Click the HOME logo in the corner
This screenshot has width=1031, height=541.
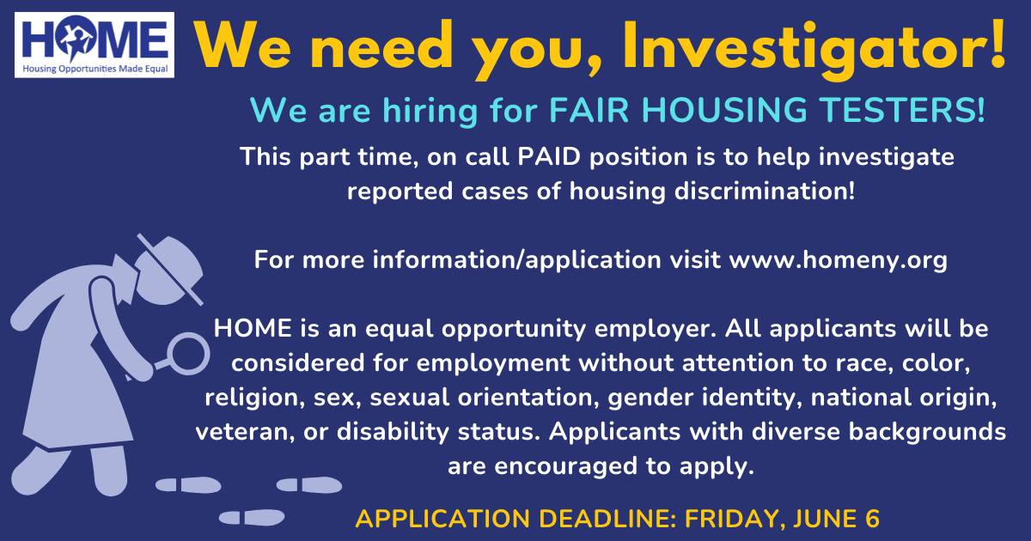click(95, 45)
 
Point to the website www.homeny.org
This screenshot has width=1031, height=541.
click(839, 261)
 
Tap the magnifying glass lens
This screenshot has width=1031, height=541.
click(187, 354)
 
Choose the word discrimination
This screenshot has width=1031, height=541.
click(765, 191)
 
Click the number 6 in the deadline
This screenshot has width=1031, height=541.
click(872, 519)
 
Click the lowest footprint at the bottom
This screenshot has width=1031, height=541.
click(252, 518)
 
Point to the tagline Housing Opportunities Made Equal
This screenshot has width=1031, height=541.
click(95, 69)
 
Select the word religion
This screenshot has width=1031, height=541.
click(255, 398)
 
